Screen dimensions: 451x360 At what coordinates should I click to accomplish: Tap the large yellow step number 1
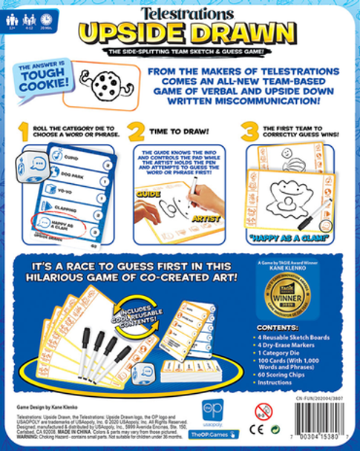24,132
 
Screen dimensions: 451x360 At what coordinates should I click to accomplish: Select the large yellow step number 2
137,132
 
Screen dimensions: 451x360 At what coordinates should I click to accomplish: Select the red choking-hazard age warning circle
264,410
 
